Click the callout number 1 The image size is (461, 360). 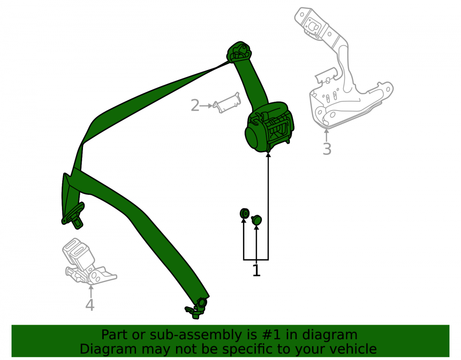pos(256,271)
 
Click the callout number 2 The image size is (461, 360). pos(195,106)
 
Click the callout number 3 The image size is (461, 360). pos(327,149)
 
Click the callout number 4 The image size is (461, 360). pos(90,305)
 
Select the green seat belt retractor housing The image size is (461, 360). pos(269,127)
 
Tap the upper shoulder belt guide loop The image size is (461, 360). pos(239,52)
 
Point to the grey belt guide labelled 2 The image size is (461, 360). pos(227,103)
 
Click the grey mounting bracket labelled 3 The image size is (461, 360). pos(344,71)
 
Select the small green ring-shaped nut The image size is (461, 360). pos(244,213)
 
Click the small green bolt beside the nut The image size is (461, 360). pos(256,220)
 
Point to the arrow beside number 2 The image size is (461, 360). pos(206,106)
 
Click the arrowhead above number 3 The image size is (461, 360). pos(326,131)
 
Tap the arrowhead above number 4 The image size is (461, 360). pos(91,287)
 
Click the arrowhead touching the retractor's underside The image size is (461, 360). pos(268,155)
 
